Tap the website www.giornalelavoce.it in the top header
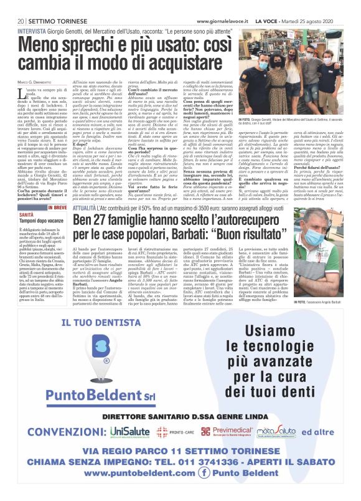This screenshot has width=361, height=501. (x=225, y=6)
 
